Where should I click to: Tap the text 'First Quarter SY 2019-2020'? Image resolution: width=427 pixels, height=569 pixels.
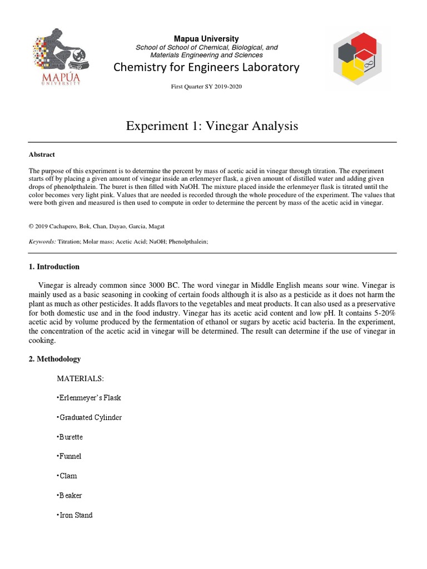[x=206, y=87]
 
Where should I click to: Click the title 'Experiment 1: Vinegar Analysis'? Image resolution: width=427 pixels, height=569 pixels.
[x=212, y=126]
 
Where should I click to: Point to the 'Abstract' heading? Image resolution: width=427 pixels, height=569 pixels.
[x=42, y=154]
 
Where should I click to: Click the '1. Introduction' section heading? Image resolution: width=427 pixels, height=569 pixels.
[x=54, y=267]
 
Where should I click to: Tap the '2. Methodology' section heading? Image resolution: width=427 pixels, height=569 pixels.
[x=54, y=359]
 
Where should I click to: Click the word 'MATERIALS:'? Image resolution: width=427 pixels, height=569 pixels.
[x=80, y=378]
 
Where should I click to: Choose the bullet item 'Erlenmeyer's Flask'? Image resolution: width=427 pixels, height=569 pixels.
[x=89, y=398]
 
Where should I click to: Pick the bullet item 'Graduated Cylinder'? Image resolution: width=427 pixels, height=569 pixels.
[x=90, y=417]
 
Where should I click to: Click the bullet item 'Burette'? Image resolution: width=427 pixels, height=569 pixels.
[x=70, y=437]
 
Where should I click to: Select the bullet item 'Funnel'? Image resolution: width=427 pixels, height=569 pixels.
[x=69, y=456]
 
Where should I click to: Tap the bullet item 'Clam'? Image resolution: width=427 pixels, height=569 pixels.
[x=67, y=476]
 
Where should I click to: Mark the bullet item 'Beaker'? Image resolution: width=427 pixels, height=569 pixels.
[x=69, y=495]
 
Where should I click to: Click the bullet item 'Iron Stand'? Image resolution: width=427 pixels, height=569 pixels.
[x=75, y=515]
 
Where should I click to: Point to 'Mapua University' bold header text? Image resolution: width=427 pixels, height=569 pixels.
[x=206, y=38]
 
